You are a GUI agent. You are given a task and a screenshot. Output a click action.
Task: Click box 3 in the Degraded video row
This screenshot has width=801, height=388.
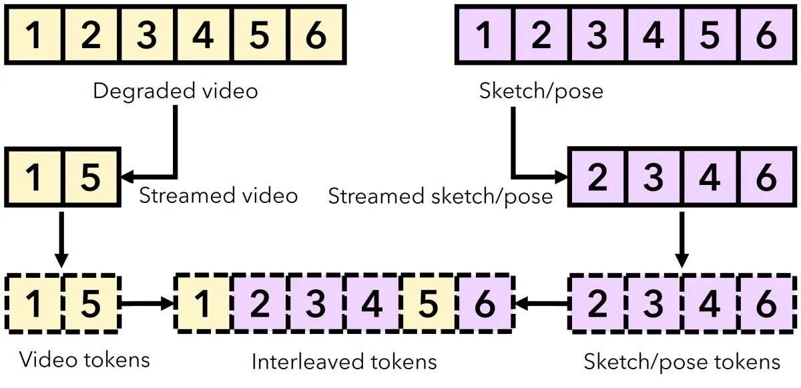(x=147, y=35)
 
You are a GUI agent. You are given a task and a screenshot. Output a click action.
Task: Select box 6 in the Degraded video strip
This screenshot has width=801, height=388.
(x=316, y=35)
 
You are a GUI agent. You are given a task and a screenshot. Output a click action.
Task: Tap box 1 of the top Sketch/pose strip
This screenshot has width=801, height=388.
(x=485, y=35)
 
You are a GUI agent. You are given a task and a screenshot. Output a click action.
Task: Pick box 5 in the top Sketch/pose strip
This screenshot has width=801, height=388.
(x=710, y=35)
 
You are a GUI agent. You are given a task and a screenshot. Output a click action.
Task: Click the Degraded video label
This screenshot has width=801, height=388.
(x=175, y=91)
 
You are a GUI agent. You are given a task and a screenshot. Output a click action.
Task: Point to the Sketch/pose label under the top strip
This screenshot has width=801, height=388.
(x=541, y=91)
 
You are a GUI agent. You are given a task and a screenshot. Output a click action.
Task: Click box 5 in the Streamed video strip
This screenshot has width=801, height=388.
(x=91, y=177)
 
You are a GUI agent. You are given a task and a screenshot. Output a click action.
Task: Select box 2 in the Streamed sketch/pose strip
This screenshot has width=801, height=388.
(x=597, y=177)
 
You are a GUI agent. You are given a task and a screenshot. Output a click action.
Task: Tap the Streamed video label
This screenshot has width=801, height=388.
(x=218, y=196)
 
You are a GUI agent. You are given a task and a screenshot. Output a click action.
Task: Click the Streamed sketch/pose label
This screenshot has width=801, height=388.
(x=440, y=196)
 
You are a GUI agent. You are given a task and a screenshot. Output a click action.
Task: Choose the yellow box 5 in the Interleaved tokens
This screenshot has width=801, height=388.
(x=428, y=304)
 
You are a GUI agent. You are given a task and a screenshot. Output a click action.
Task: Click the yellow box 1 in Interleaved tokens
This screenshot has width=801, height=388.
(x=203, y=304)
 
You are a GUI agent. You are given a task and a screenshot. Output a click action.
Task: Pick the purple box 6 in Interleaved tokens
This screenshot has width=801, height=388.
(x=485, y=304)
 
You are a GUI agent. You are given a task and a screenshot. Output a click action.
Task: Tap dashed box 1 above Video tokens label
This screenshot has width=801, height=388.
(x=34, y=304)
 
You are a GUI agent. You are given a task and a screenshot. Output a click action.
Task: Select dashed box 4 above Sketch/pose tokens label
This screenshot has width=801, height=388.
(x=710, y=304)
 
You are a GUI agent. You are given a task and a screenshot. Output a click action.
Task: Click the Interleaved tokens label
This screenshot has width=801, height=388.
(x=344, y=361)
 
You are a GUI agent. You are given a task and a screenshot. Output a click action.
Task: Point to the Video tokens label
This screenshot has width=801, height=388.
(x=84, y=359)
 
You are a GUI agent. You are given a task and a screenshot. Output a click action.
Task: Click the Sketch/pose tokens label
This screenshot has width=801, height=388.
(x=682, y=362)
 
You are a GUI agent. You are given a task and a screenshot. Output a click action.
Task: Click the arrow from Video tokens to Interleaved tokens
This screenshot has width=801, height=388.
(x=148, y=304)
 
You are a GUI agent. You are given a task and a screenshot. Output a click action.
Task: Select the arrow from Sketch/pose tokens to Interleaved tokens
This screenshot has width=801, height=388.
(x=542, y=304)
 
